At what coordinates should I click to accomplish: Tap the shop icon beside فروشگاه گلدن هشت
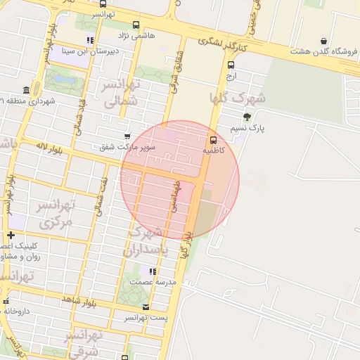coord(323,41)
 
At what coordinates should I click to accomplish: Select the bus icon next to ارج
coord(231,65)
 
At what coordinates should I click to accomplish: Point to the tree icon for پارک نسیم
coord(246,117)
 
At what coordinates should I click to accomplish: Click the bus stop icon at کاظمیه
coord(214,139)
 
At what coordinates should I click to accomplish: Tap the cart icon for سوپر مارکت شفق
coord(127,136)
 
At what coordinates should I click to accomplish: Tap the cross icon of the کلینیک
coord(10,235)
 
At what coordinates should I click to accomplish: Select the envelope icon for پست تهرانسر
coord(146,307)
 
